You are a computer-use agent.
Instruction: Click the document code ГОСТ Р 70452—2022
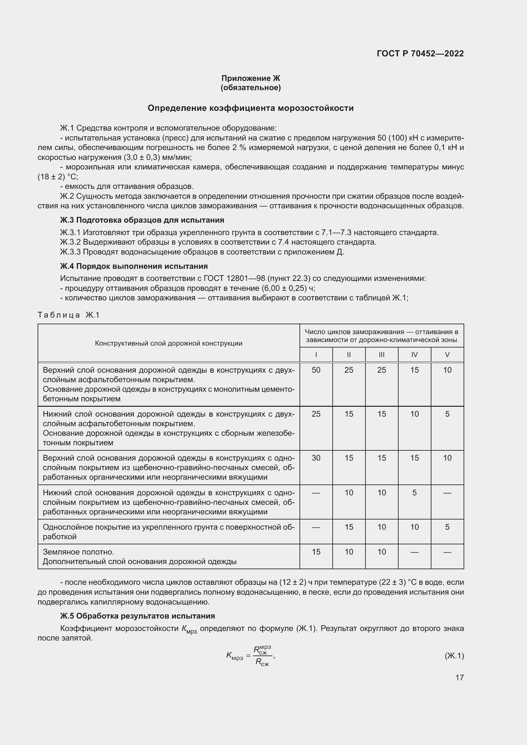[420, 54]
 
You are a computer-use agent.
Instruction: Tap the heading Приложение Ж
[250, 78]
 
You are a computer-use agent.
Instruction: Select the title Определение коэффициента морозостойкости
[250, 108]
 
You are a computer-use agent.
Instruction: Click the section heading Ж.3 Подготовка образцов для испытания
[142, 220]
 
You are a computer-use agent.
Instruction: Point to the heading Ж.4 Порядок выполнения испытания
[134, 266]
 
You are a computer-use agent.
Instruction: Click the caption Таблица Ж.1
[69, 315]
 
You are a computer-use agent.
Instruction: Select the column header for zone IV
[415, 355]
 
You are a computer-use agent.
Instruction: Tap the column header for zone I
[316, 355]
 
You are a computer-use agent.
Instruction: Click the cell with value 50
[316, 370]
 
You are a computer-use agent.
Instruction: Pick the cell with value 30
[316, 458]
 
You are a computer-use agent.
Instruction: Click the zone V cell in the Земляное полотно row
[447, 552]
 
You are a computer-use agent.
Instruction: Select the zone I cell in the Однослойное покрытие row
[316, 527]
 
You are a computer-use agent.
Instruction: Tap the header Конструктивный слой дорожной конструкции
[169, 343]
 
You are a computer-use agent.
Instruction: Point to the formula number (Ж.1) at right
[454, 656]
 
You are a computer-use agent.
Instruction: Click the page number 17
[459, 677]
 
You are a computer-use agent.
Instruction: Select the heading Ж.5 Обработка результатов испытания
[138, 616]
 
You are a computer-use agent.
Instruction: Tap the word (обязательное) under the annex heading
[250, 88]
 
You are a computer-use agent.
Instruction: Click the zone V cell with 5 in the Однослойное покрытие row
[447, 527]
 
